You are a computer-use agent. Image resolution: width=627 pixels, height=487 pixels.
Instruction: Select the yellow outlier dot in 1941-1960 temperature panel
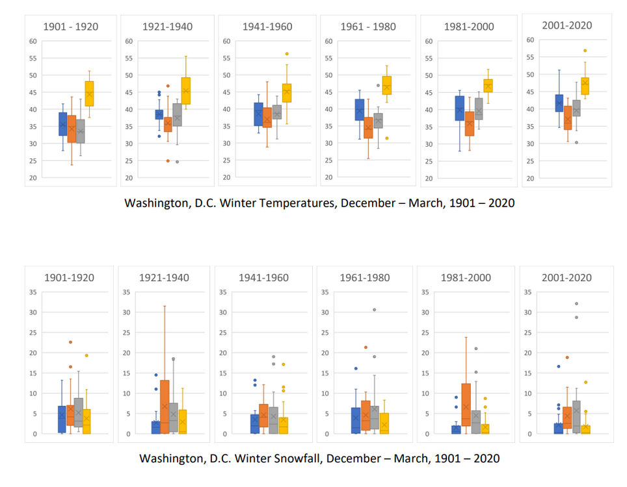287,54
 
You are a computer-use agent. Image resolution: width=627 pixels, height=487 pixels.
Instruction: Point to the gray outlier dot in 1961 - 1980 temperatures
378,85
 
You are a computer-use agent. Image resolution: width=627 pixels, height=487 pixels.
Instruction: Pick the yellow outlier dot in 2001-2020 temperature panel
585,51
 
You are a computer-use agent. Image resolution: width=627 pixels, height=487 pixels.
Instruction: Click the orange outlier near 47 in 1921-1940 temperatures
168,86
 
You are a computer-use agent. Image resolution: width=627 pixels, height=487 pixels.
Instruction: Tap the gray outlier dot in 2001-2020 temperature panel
576,142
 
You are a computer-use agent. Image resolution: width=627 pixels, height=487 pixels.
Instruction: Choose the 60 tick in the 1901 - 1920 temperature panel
31,42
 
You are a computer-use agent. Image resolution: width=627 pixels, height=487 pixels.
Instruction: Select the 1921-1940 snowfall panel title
164,278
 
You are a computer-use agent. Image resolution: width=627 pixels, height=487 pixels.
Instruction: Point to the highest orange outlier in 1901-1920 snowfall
71,342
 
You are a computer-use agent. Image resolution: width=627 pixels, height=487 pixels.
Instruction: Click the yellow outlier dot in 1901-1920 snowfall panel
87,355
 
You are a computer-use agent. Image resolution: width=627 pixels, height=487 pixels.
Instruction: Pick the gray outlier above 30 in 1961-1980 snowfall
375,310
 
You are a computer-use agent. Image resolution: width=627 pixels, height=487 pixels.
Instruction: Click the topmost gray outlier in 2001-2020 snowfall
576,304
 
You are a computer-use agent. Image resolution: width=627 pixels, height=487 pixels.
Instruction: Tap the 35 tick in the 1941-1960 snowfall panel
222,292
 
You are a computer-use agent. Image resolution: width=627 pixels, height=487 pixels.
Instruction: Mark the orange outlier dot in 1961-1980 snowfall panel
366,347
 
